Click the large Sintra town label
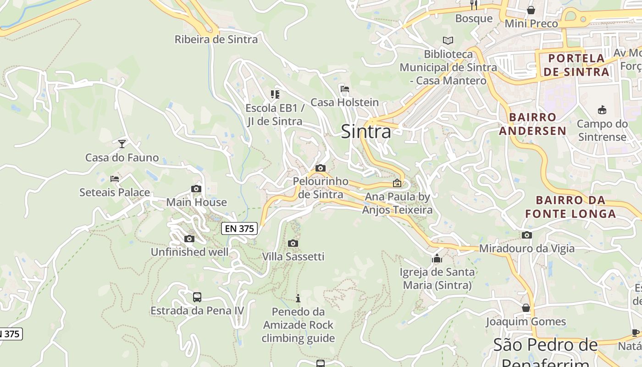pos(366,132)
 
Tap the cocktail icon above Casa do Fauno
pos(122,144)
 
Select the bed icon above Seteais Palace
pos(115,178)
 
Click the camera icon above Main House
pos(196,189)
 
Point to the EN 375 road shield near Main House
pos(240,228)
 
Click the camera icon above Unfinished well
pos(189,239)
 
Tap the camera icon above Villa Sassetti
pos(293,243)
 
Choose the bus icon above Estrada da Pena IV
pos(197,297)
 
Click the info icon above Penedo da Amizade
pos(298,298)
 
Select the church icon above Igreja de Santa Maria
pos(437,259)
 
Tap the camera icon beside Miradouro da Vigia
pos(527,235)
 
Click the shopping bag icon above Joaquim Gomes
pos(526,308)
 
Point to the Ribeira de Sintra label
pos(216,39)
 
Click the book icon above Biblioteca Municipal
pos(448,40)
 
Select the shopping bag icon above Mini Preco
pos(531,10)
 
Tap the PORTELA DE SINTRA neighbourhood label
pos(576,65)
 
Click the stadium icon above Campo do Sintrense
pos(602,110)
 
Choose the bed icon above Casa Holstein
pos(345,89)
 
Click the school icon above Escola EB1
pos(275,95)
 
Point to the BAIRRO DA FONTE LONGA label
pos(570,207)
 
